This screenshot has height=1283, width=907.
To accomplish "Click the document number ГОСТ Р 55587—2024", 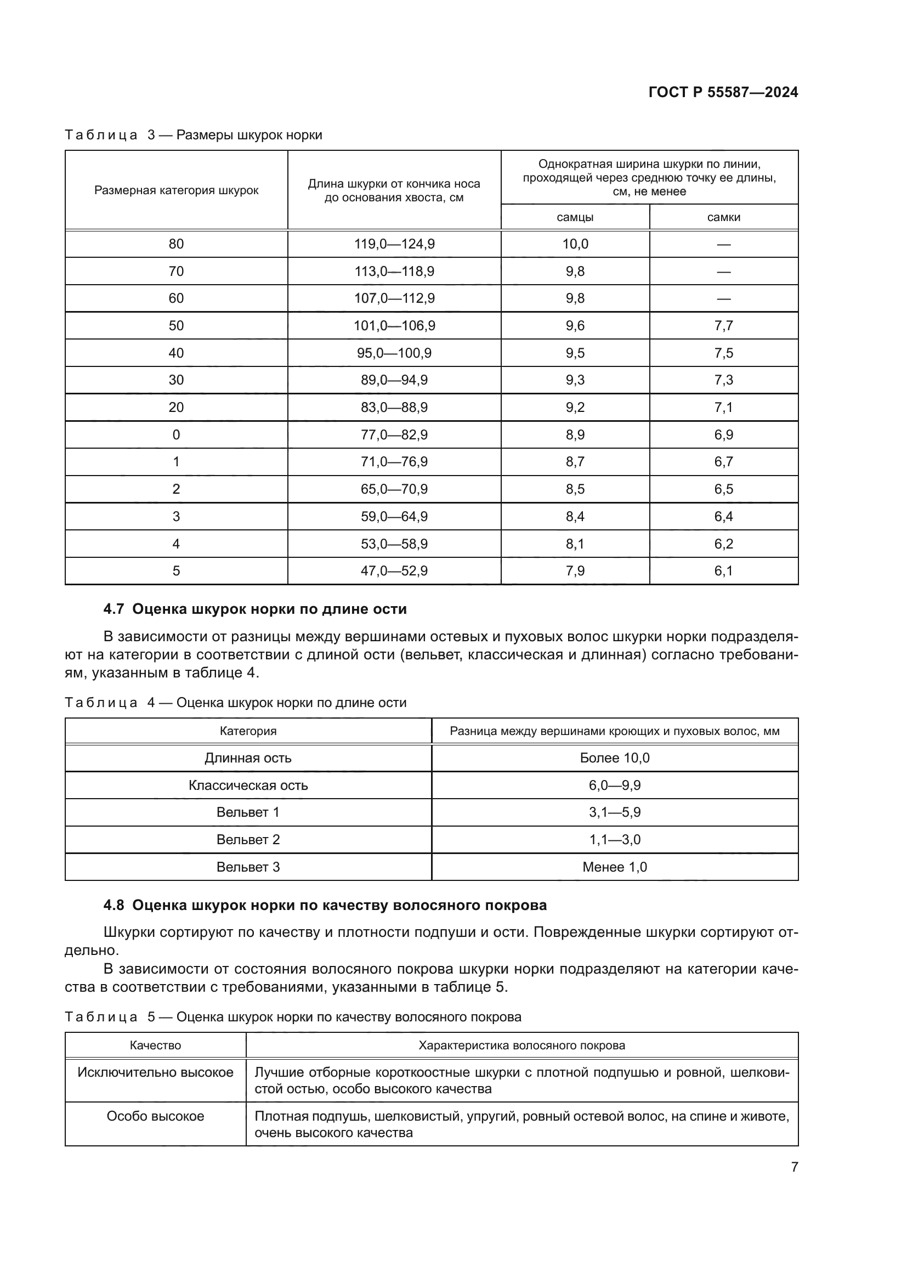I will (x=723, y=92).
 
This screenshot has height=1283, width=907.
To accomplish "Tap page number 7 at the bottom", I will (x=794, y=1167).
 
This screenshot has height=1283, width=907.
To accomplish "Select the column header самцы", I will (x=575, y=217).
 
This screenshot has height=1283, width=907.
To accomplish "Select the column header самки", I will (x=723, y=217).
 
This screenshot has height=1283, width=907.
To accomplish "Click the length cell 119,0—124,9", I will (x=394, y=244).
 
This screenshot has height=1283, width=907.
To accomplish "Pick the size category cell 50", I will (x=176, y=326).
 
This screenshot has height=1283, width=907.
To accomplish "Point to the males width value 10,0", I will (x=575, y=244).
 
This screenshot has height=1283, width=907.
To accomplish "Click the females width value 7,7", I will (x=723, y=326).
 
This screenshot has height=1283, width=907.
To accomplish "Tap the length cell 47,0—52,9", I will (x=394, y=571).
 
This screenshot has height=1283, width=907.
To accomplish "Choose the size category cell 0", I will (x=176, y=435).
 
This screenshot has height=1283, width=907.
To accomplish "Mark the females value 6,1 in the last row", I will (x=723, y=571).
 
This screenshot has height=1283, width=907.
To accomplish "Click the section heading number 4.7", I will (x=114, y=609).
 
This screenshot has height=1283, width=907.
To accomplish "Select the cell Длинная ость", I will (x=248, y=758).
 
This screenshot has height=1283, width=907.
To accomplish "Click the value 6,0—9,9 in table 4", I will (x=614, y=785).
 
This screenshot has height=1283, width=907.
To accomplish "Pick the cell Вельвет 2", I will (x=248, y=840).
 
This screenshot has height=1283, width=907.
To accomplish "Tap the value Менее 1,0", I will (x=614, y=867).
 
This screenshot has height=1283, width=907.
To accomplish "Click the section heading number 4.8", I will (x=114, y=905).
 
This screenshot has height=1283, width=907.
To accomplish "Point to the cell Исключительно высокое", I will (x=155, y=1072).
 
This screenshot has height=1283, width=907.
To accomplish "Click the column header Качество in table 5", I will (x=155, y=1045).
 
